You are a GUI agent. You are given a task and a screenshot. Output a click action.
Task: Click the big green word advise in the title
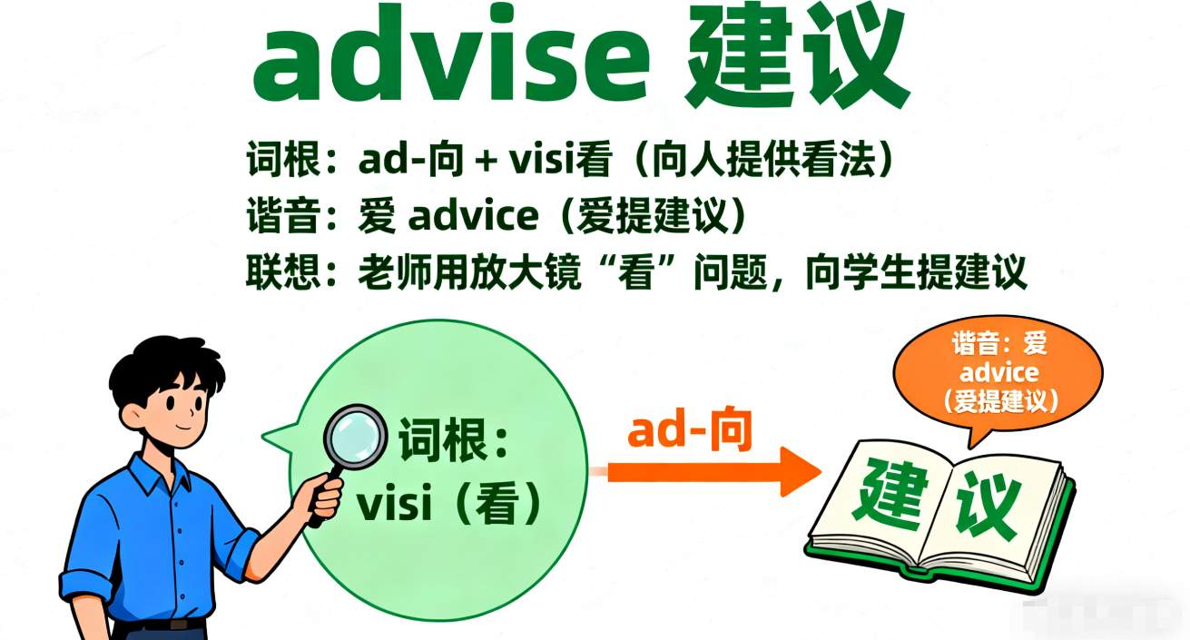[451, 57]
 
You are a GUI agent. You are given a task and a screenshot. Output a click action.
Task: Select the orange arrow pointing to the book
[712, 472]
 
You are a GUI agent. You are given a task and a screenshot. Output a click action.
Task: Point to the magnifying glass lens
[356, 438]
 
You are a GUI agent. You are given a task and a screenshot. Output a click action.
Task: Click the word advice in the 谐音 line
[473, 215]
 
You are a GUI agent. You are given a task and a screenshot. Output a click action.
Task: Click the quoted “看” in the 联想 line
[635, 272]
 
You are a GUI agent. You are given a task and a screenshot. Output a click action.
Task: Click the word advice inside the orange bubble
[998, 372]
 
